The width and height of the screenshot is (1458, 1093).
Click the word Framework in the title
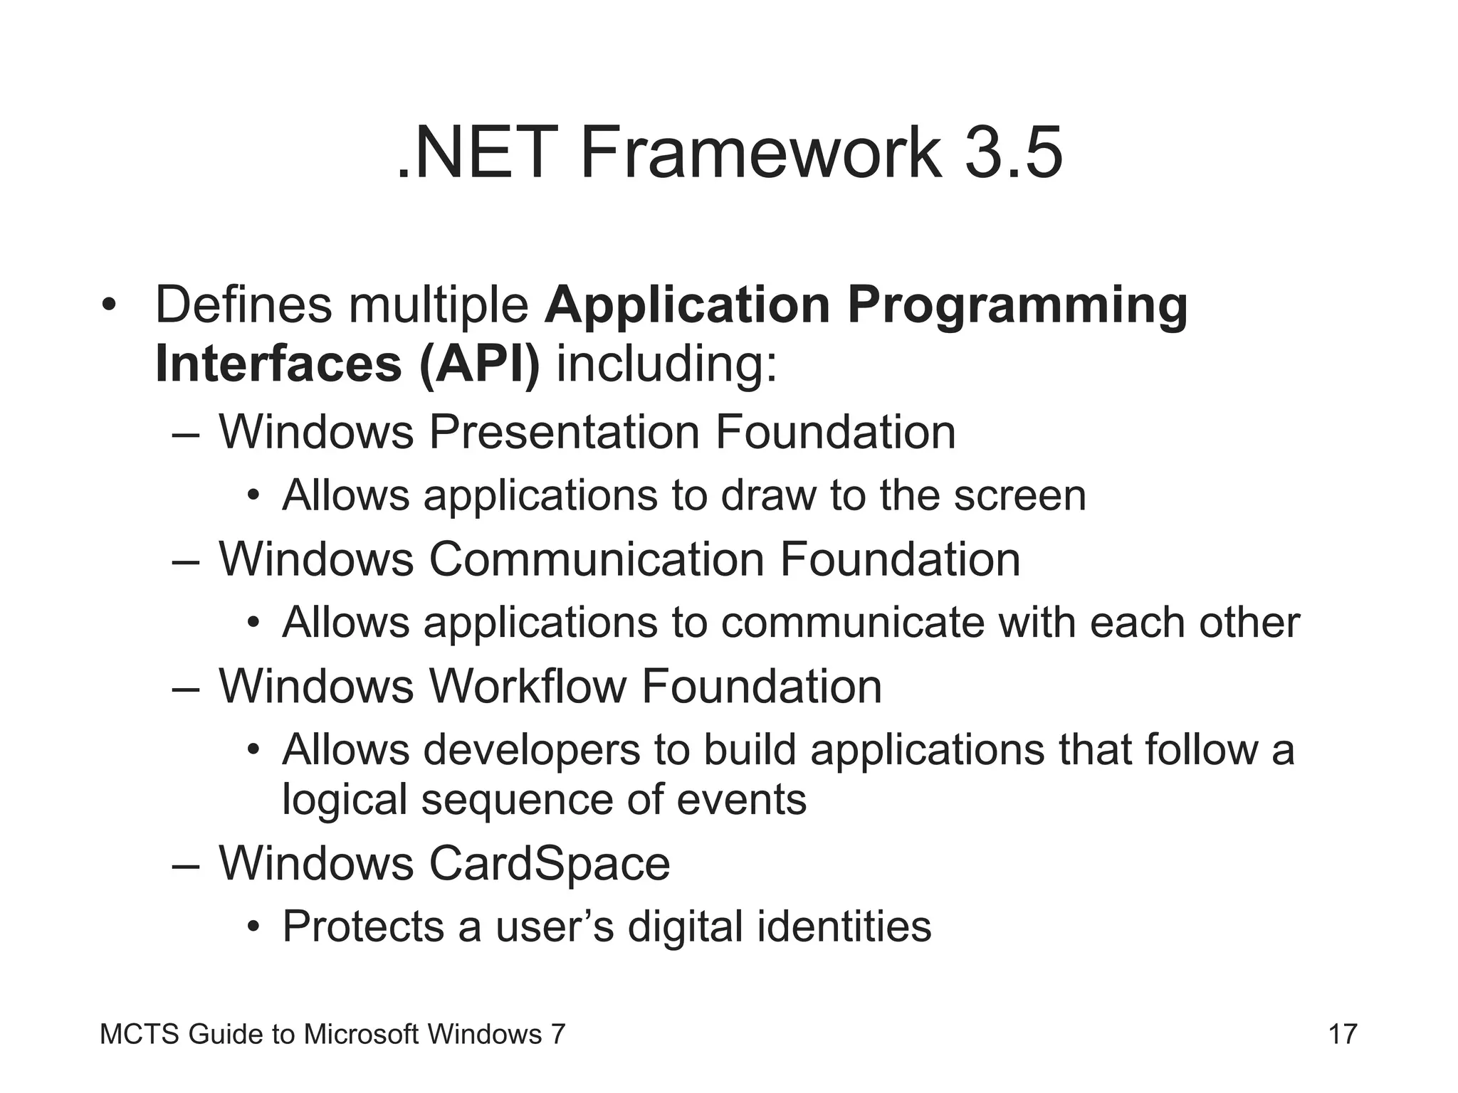(x=760, y=153)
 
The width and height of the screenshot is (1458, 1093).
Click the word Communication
(x=597, y=559)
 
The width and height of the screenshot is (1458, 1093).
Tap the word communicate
(x=852, y=623)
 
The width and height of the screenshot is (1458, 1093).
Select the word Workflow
(x=528, y=687)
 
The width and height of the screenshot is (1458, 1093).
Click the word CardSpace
(x=549, y=864)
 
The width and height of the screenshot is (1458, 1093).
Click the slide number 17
(x=1343, y=1034)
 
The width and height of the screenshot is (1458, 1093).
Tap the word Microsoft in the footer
(x=361, y=1034)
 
